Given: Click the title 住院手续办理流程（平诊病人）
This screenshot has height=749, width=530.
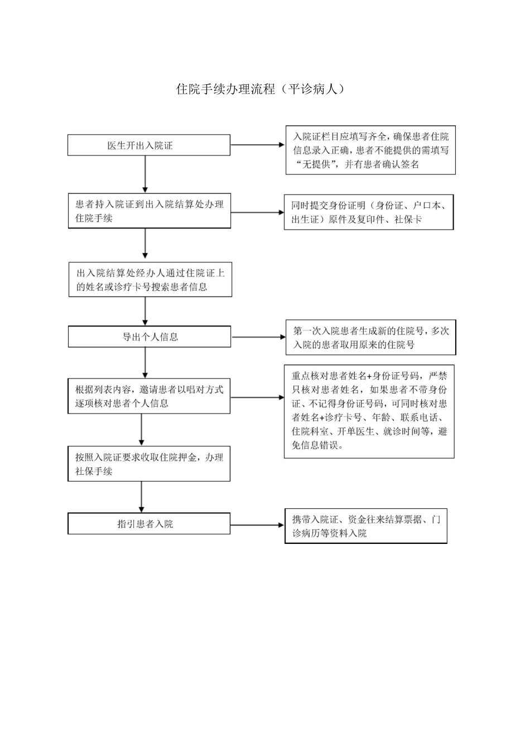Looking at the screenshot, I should tap(260, 89).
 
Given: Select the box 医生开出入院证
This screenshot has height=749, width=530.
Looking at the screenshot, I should tap(148, 145).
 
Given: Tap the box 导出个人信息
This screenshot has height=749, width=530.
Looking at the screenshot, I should tap(149, 337).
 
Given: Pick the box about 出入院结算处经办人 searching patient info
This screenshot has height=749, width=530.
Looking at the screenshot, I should tap(150, 280).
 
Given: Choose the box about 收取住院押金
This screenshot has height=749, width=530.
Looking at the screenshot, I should tap(148, 464).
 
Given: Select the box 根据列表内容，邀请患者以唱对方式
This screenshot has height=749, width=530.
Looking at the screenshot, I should tap(148, 396).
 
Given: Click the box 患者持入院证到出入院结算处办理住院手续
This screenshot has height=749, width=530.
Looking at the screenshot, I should tap(148, 211).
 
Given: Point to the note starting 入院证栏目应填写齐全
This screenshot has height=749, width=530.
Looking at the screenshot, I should tap(370, 150).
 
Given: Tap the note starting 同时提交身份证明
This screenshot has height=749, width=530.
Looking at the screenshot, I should tap(368, 212).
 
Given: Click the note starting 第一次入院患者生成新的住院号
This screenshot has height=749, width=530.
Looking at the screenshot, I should tap(370, 338).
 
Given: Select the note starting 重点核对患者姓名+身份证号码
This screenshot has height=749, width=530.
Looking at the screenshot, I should tap(369, 411).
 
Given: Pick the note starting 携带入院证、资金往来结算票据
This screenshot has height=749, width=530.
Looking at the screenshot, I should tap(365, 526).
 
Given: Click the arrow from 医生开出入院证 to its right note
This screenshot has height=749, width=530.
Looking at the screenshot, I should tap(258, 145).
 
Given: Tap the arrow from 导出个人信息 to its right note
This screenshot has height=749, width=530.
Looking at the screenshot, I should tap(258, 337).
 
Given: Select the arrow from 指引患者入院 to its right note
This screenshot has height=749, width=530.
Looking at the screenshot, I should tap(257, 525).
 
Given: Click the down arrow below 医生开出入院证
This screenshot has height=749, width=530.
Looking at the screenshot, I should tap(145, 174).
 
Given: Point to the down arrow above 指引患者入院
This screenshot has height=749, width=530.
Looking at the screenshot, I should tap(141, 497).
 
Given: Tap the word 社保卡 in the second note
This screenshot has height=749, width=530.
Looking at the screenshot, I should tap(408, 220).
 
